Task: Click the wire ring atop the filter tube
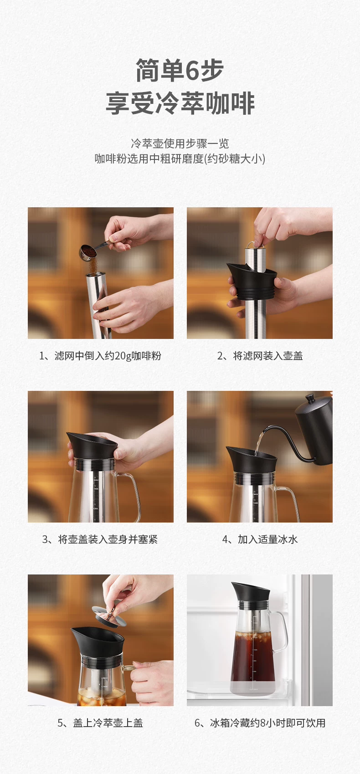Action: tap(255, 244)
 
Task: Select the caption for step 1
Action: tap(100, 356)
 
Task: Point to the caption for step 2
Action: tap(260, 356)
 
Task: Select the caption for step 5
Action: tap(100, 723)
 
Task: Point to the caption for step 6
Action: tap(260, 723)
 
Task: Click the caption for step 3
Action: tap(100, 539)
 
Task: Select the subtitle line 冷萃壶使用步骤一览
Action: tap(180, 143)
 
